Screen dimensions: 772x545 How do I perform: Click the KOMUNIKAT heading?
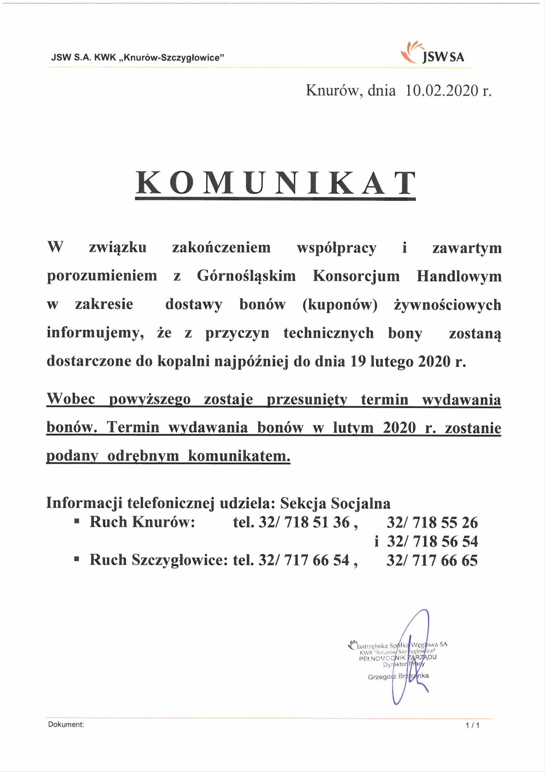tap(275, 183)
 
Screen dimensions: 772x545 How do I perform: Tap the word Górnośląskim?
tap(246, 276)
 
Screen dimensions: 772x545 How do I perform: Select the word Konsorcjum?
tap(356, 276)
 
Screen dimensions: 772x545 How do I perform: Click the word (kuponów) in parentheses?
tap(340, 305)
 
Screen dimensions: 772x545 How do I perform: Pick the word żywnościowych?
tap(447, 305)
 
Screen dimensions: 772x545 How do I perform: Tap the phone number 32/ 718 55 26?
tap(432, 522)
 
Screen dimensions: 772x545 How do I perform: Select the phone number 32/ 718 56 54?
tap(432, 541)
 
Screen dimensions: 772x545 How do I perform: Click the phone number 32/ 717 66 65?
tap(432, 560)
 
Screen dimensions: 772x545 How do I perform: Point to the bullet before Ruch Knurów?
tap(77, 522)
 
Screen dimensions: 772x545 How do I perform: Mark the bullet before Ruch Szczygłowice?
tap(77, 559)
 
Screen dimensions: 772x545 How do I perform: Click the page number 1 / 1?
tap(472, 725)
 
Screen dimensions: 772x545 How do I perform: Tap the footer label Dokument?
tap(66, 724)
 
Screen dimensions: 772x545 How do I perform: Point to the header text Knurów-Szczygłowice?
tap(171, 57)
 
